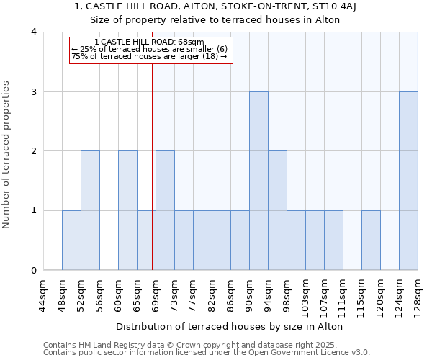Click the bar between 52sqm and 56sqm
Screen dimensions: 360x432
click(90, 210)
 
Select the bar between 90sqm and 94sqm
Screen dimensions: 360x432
click(258, 181)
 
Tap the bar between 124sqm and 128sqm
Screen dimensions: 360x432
click(408, 181)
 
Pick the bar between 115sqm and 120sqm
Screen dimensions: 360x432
click(371, 240)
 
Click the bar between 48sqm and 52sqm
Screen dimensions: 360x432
click(71, 240)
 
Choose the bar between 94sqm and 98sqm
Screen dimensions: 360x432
click(277, 210)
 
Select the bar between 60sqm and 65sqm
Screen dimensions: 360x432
click(127, 210)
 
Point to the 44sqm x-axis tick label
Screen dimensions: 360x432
click(43, 295)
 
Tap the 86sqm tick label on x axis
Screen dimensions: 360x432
click(230, 295)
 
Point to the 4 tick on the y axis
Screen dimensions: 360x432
click(34, 32)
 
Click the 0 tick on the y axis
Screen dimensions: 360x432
click(34, 271)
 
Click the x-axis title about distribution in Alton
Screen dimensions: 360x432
click(229, 326)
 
